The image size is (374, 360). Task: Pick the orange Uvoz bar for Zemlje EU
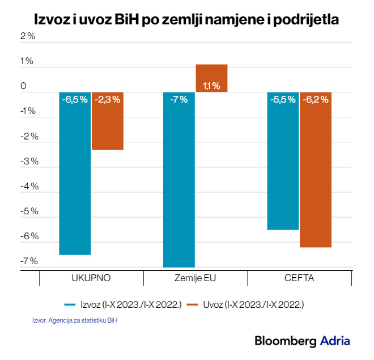coord(211,78)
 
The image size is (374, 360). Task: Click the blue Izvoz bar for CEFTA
coord(283,161)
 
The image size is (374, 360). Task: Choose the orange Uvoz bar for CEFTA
coord(316,170)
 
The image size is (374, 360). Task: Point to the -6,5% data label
coord(75,99)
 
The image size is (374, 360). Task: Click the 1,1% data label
coord(211,86)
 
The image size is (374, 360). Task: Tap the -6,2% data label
coord(316,99)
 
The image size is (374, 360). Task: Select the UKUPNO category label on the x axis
coord(91,278)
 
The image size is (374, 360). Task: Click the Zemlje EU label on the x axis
coord(195,278)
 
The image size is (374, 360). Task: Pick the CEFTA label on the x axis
coord(300,278)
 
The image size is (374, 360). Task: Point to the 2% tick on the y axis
coord(28,36)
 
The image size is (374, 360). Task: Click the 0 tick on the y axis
coord(23,86)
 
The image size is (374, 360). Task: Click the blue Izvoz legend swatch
coord(73,304)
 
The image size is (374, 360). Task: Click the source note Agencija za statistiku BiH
coord(81,321)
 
